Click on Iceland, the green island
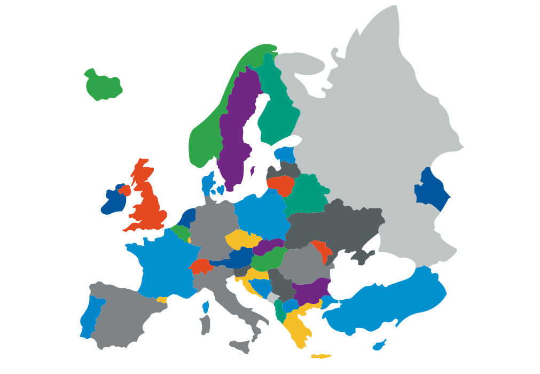[103, 85]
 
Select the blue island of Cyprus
[379, 345]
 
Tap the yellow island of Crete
[321, 356]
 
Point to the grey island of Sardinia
[205, 325]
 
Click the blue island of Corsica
[206, 307]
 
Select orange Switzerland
[200, 266]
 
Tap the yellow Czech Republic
[242, 239]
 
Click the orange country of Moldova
[322, 250]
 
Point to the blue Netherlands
[187, 219]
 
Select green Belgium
[182, 232]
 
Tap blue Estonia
[286, 154]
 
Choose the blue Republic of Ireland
[113, 202]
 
